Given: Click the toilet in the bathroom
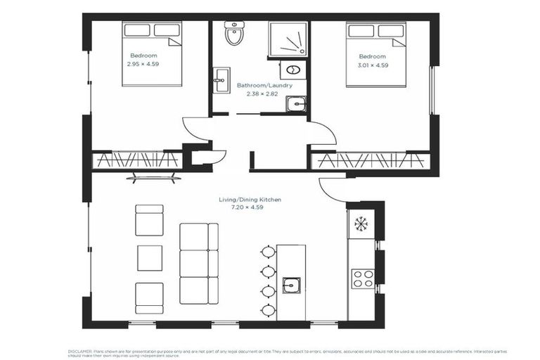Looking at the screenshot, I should pos(233,32).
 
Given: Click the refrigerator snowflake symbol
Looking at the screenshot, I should pos(361,224).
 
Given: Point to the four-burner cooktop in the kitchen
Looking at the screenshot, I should pos(362,278).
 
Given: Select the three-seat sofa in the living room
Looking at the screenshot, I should pos(198,263).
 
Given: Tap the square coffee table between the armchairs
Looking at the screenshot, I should pos(149,258).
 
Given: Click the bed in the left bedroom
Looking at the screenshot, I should pos(152,53).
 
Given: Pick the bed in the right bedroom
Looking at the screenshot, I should pos(375,53).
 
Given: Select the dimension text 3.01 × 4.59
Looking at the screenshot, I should pos(373,65).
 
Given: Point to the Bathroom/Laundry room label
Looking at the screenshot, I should pos(259,85).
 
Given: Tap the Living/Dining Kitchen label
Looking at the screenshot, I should pos(250,200).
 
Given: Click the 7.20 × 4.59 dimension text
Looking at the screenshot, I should pos(250,208).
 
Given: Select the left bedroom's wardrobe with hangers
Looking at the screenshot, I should pos(136,161).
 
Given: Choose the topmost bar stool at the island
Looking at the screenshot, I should pos(268,252).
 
